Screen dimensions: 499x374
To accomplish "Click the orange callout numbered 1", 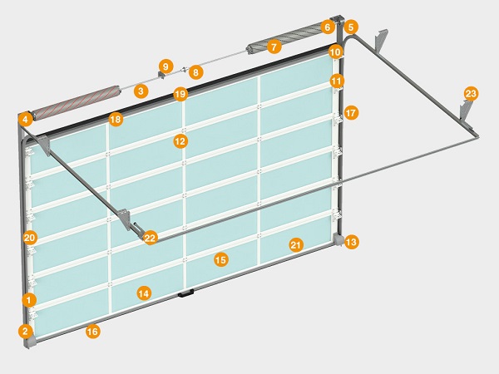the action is (x=29, y=300).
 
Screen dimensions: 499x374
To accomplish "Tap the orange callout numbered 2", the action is (x=26, y=331).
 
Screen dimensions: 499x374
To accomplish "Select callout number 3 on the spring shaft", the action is (x=141, y=91).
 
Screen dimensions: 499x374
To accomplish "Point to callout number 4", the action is (x=26, y=120).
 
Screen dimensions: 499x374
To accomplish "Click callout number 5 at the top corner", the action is (x=351, y=27).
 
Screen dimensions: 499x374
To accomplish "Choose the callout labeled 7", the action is (x=274, y=47).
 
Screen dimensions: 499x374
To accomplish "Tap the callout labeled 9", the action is (x=166, y=66).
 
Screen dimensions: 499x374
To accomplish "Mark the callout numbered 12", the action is (x=180, y=141).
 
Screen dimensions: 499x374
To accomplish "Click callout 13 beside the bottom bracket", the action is (x=351, y=242).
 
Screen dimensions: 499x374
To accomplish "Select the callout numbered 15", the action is (x=221, y=260).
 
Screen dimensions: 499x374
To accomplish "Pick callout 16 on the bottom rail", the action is (x=92, y=332).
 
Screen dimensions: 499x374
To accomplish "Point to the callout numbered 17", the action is (x=351, y=112).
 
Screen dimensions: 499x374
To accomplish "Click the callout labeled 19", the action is (x=180, y=94).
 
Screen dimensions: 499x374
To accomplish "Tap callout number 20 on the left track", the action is (x=30, y=238).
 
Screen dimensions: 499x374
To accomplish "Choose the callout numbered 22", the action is (x=151, y=238).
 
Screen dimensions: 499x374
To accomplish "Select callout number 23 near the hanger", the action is (x=471, y=94).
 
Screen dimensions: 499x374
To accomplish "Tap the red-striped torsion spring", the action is (x=77, y=103).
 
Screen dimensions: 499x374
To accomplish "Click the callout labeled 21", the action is (x=295, y=245).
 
